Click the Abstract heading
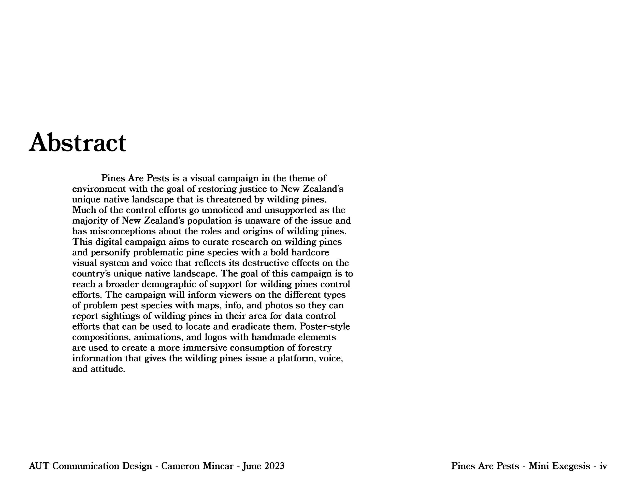77,143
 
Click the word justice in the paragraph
254,189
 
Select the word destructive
265,263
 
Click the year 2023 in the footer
274,466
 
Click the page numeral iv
603,466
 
